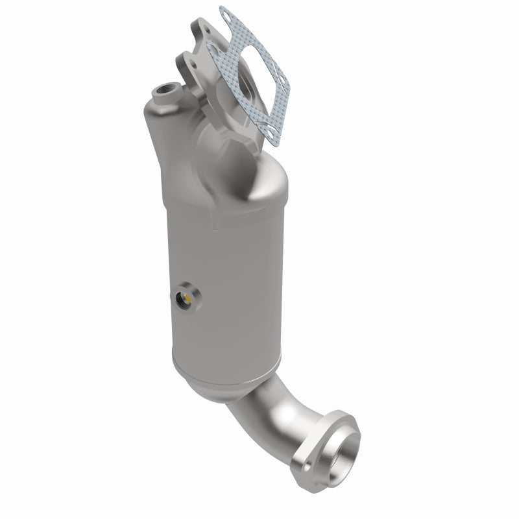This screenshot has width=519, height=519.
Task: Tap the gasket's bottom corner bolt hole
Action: (271, 134)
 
